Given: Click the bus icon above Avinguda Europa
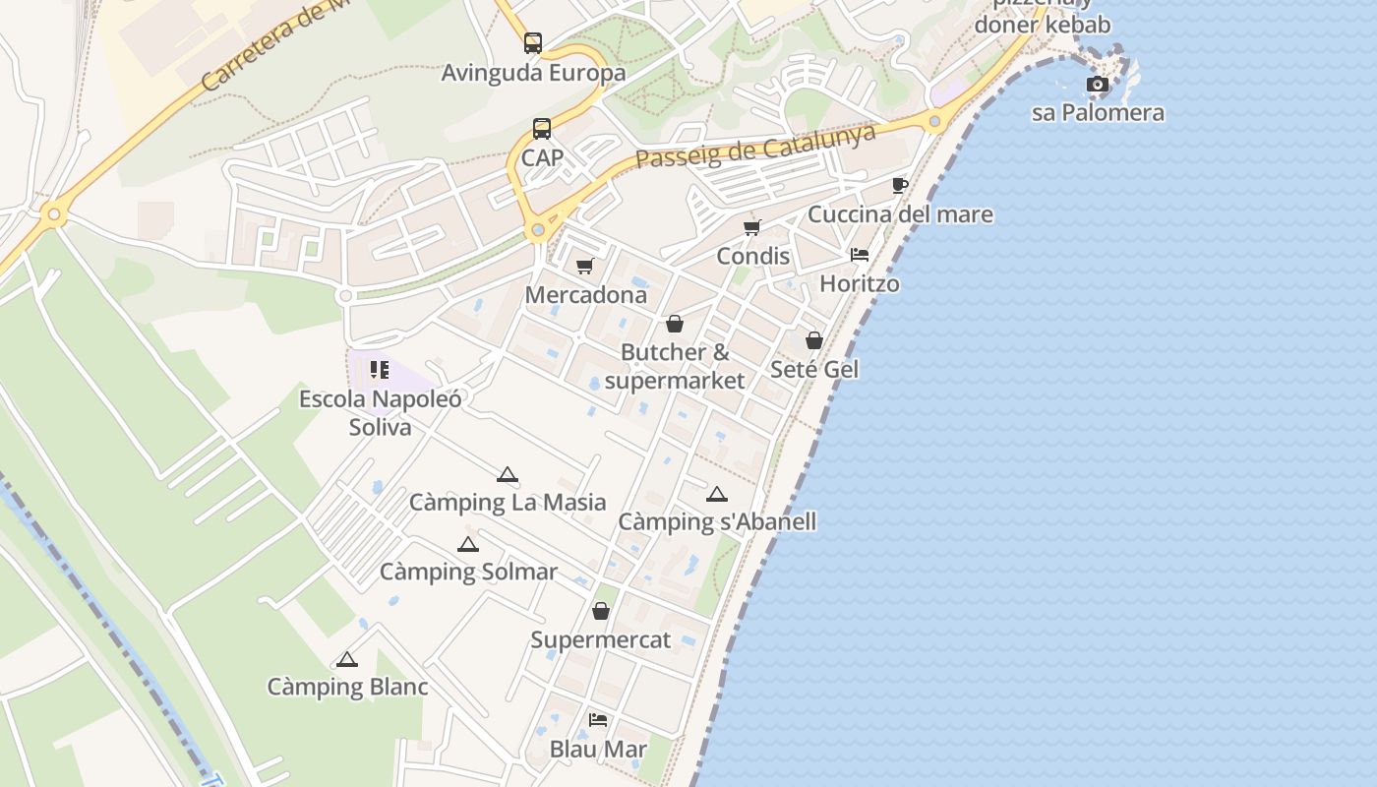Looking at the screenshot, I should tap(533, 43).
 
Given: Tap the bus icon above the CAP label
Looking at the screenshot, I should tap(542, 128).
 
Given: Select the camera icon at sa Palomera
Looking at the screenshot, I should tap(1098, 85).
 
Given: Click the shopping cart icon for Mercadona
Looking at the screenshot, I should tap(585, 266).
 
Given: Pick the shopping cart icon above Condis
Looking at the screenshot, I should tap(752, 227).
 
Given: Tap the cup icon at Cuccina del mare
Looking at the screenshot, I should tap(899, 185).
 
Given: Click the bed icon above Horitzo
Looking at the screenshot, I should tap(860, 255).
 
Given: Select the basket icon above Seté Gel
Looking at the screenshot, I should tap(814, 340).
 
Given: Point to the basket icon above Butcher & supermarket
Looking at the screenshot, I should tap(675, 324).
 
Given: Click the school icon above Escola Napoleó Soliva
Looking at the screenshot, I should tap(380, 370).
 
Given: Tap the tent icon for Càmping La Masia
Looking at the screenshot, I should tap(507, 475).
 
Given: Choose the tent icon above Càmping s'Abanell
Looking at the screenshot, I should tap(717, 494).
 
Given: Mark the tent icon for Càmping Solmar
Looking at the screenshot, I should tap(468, 544).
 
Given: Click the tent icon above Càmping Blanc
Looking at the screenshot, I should tap(347, 659).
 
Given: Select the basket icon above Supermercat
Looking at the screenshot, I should tap(601, 612).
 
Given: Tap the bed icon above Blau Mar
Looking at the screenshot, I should tap(598, 720).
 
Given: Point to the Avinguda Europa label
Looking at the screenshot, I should tap(533, 73).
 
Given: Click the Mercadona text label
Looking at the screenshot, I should tap(586, 295).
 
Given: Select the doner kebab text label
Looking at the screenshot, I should tap(1042, 25).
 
